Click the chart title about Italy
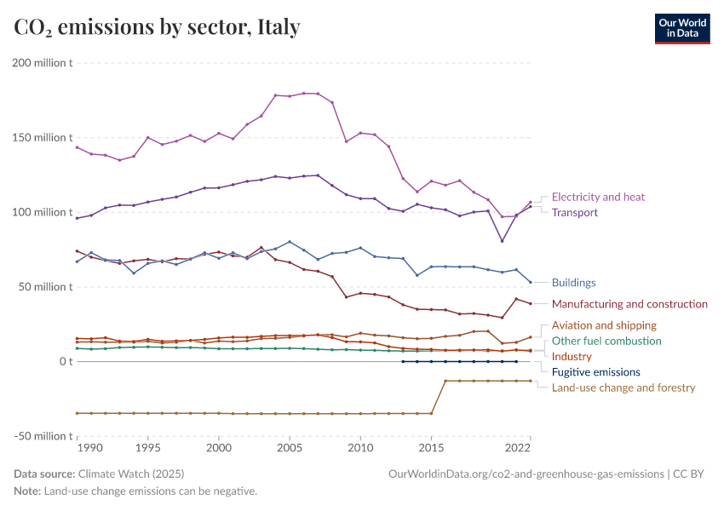point(157,27)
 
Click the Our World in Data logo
point(681,28)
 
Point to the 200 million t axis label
point(41,62)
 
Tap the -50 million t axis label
point(41,436)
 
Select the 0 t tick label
point(64,361)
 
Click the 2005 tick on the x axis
point(290,447)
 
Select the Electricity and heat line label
point(598,197)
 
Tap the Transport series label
point(575,213)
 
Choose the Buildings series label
point(573,283)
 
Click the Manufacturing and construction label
point(629,304)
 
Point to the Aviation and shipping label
point(604,325)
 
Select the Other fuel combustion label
point(606,341)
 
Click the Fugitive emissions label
point(595,372)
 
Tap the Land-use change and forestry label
point(623,388)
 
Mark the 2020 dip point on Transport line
point(502,241)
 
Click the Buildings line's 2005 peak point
point(290,242)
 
